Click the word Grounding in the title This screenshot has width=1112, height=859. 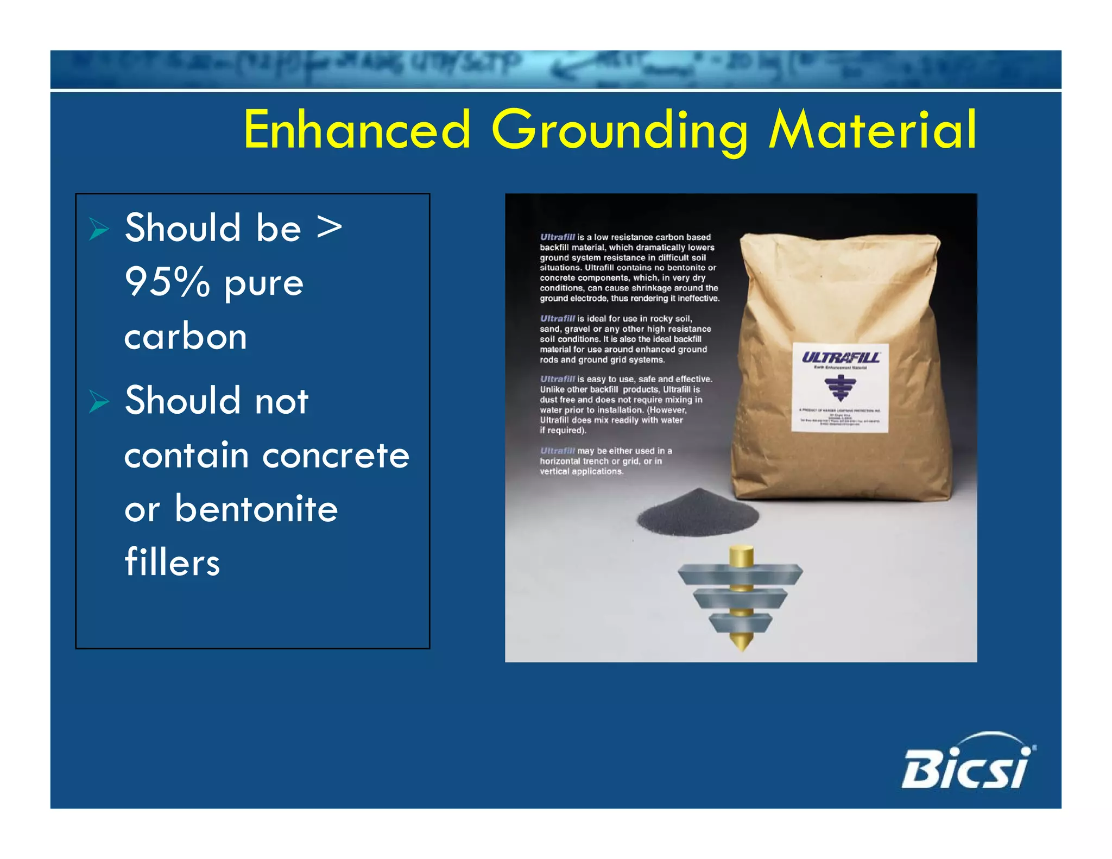coord(618,130)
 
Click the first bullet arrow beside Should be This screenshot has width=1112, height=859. coord(99,229)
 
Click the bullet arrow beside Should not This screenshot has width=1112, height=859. coord(99,402)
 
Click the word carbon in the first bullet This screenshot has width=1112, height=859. coord(186,337)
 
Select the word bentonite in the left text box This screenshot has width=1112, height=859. coord(256,509)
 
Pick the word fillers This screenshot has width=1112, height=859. coord(172,563)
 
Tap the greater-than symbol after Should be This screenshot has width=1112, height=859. coord(330,227)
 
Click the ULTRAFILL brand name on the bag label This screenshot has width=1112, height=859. coord(841,357)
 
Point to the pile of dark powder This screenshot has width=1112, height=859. coord(698,513)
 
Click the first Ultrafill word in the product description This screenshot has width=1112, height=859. coord(557,237)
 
